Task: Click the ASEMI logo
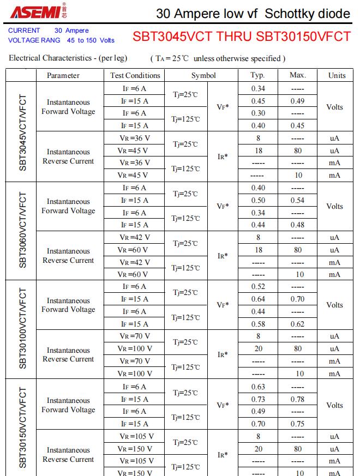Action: pyautogui.click(x=38, y=12)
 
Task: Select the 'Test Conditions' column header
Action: pyautogui.click(x=135, y=75)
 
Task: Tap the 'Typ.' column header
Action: pyautogui.click(x=257, y=75)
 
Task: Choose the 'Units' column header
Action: pyautogui.click(x=337, y=75)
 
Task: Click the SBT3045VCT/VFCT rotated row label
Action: pyautogui.click(x=22, y=131)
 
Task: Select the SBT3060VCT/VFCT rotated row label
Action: pyautogui.click(x=22, y=231)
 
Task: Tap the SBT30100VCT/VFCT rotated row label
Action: pyautogui.click(x=22, y=329)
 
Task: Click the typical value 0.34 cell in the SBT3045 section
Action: pyautogui.click(x=258, y=88)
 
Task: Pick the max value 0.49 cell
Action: pyautogui.click(x=298, y=101)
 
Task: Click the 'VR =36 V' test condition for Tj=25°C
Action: pyautogui.click(x=135, y=138)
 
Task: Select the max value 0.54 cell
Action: pyautogui.click(x=298, y=200)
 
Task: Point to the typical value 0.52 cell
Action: pyautogui.click(x=258, y=287)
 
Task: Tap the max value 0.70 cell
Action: pyautogui.click(x=298, y=299)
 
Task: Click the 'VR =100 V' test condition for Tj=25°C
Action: pyautogui.click(x=135, y=348)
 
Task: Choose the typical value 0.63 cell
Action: pyautogui.click(x=258, y=387)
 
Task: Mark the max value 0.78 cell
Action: pyautogui.click(x=298, y=399)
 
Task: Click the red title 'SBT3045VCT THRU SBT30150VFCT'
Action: pyautogui.click(x=241, y=37)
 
